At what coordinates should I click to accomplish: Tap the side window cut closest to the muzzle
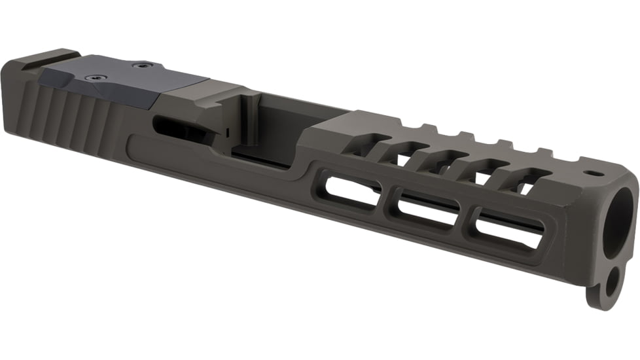pyautogui.click(x=509, y=231)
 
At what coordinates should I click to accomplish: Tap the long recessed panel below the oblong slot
pyautogui.click(x=196, y=157)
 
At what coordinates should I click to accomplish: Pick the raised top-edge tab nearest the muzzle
pyautogui.click(x=543, y=152)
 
